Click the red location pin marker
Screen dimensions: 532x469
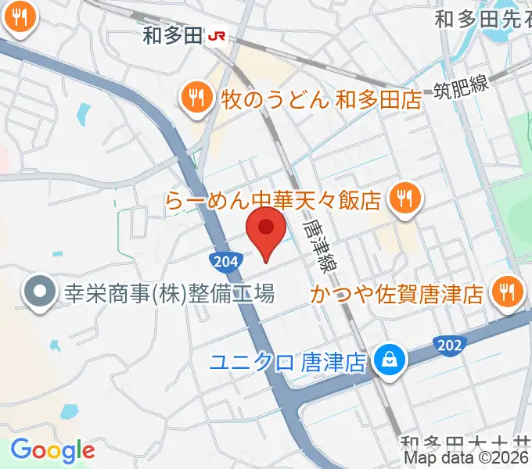(x=266, y=230)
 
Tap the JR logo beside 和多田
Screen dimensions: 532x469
(x=215, y=35)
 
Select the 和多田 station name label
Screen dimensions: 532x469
(x=171, y=35)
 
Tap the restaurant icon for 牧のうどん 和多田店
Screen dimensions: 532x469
(x=196, y=98)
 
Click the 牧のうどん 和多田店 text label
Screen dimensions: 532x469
(x=311, y=98)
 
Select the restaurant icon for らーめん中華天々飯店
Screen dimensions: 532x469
(x=404, y=199)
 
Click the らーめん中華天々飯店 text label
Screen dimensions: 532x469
(x=274, y=200)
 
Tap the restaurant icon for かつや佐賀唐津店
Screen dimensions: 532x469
(x=506, y=293)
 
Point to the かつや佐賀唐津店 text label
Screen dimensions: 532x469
(x=397, y=294)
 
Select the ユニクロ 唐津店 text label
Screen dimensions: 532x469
(x=289, y=362)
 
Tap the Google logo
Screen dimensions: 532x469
(x=52, y=450)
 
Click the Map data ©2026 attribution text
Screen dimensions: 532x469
(x=467, y=458)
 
